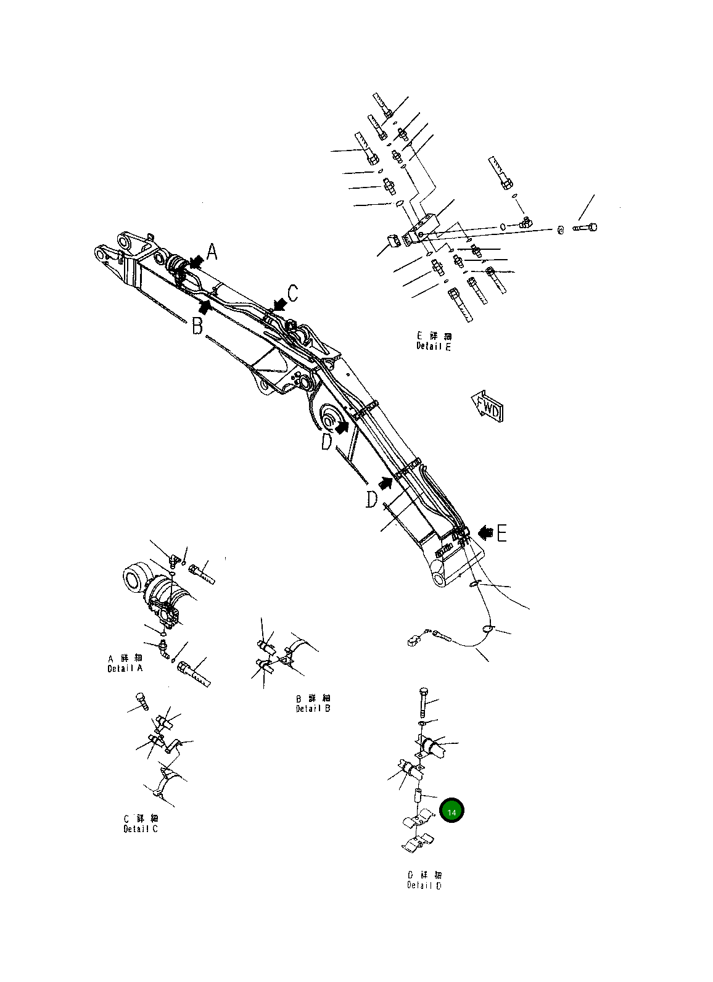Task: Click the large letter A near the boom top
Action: [212, 252]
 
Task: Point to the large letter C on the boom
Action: [294, 293]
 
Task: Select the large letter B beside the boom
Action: [197, 325]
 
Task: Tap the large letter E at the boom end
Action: [502, 533]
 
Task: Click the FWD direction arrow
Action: [487, 405]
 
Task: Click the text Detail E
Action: [434, 347]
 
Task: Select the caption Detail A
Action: [125, 669]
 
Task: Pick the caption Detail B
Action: [313, 708]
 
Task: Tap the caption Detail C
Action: [141, 828]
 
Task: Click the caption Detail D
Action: [424, 885]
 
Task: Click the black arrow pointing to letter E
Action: [485, 530]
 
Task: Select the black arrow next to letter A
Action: [197, 262]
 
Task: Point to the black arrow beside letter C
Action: [280, 303]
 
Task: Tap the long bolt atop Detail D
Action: [423, 701]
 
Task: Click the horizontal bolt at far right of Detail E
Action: [585, 228]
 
